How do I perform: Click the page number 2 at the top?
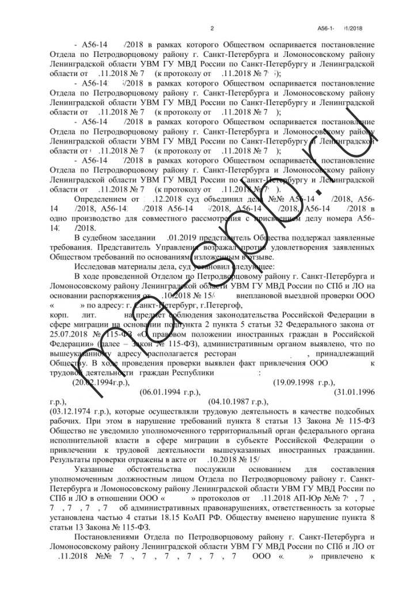click(212, 28)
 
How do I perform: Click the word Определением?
click(103, 198)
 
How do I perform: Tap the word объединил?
click(215, 198)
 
